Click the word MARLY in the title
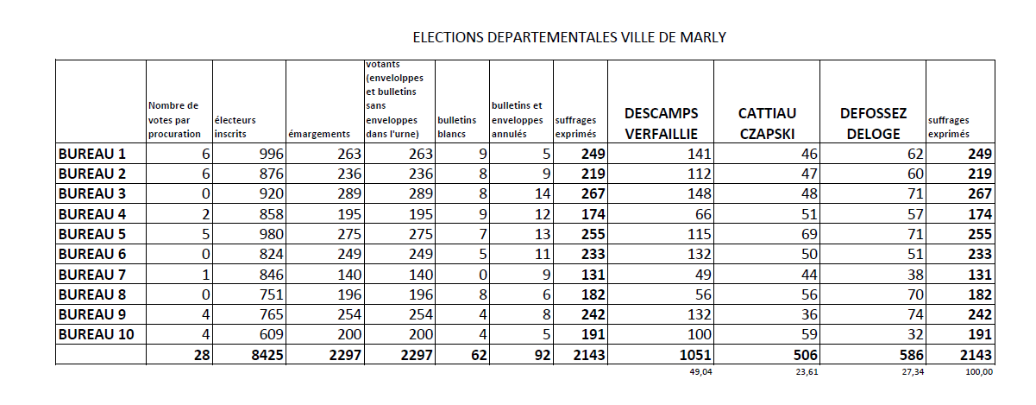point(706,37)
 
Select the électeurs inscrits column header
point(235,127)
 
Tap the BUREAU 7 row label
point(91,275)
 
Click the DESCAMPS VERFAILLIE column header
point(661,123)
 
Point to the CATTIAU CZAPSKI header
point(767,123)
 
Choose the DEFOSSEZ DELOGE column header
point(872,123)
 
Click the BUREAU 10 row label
point(96,334)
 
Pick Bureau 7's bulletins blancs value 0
point(482,275)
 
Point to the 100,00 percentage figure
point(980,373)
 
